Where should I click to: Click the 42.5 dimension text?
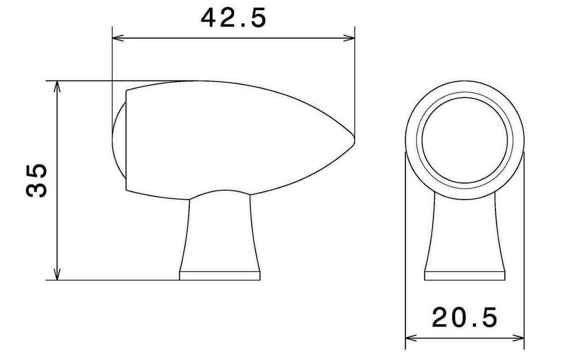(233, 18)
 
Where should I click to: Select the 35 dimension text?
(37, 181)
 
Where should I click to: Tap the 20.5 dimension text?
(464, 317)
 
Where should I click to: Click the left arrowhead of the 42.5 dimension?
(118, 38)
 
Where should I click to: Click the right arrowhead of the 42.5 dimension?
(349, 38)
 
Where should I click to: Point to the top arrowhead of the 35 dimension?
(57, 86)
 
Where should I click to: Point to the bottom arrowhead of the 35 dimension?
(57, 274)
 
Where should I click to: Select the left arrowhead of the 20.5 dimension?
(411, 338)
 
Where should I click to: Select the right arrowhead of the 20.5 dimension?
(518, 338)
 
